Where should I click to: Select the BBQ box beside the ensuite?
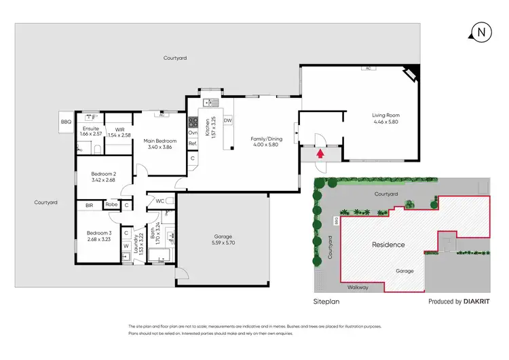66,122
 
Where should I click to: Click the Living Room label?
385,118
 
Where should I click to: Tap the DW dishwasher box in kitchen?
228,121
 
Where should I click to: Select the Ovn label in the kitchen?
193,133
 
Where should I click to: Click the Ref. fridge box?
193,144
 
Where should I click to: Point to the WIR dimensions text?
119,135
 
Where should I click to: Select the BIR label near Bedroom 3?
89,204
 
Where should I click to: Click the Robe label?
112,204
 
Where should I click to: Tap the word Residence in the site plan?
388,245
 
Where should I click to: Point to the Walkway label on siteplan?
358,287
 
